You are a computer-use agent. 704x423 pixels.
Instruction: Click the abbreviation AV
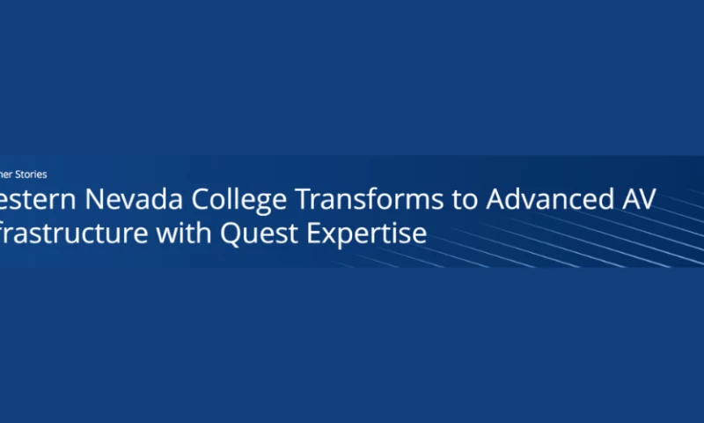[x=635, y=200]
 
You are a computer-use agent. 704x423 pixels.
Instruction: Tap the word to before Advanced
[x=465, y=201]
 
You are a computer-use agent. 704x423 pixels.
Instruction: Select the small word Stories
[x=33, y=174]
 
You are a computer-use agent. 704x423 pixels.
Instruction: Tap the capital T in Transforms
[x=304, y=200]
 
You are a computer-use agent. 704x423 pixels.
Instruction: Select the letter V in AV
[x=646, y=200]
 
